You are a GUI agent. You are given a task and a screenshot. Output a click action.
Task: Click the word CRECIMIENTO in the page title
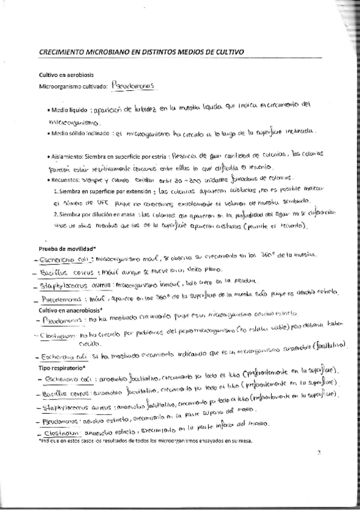click(66, 52)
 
